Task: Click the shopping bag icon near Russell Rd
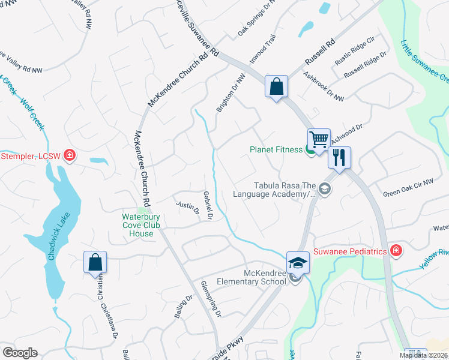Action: click(277, 86)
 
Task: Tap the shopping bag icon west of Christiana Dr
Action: click(95, 262)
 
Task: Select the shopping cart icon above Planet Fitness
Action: click(319, 139)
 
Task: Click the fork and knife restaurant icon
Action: click(339, 158)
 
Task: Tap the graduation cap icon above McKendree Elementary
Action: click(297, 262)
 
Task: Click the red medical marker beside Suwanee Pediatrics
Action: click(396, 251)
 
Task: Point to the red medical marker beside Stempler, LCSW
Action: click(70, 155)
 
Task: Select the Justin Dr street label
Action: click(187, 206)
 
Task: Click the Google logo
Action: click(20, 352)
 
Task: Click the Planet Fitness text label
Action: click(276, 149)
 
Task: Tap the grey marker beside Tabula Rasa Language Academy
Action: click(325, 190)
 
